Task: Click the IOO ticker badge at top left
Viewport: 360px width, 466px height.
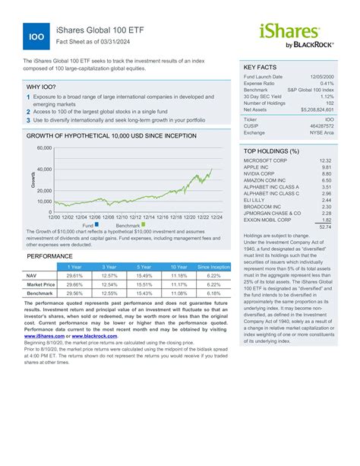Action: pyautogui.click(x=36, y=36)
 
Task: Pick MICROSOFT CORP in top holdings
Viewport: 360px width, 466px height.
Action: pyautogui.click(x=266, y=161)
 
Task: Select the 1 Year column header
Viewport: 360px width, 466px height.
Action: pyautogui.click(x=75, y=267)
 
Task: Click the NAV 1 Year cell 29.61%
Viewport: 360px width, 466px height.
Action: pyautogui.click(x=75, y=275)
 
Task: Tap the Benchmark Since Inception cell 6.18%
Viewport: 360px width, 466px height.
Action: pyautogui.click(x=213, y=292)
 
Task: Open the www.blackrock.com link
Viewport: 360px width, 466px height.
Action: pyautogui.click(x=81, y=335)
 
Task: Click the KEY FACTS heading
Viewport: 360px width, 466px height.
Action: pyautogui.click(x=263, y=67)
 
